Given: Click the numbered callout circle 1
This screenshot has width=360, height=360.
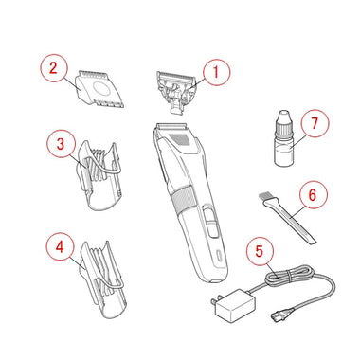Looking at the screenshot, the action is click(x=216, y=72).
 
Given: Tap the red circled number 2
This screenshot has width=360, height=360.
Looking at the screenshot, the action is click(x=54, y=68).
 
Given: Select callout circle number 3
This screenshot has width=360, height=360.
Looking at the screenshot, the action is click(x=61, y=144).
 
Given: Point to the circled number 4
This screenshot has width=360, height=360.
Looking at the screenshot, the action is click(x=60, y=246).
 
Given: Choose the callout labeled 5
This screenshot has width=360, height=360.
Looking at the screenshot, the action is click(x=260, y=251).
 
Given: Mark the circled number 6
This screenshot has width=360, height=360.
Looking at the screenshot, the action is click(x=313, y=194).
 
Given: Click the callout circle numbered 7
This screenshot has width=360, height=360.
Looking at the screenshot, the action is click(x=315, y=123).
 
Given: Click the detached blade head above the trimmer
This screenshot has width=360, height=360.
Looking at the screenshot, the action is click(x=175, y=91).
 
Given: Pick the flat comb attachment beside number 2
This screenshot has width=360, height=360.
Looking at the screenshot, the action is click(x=99, y=89).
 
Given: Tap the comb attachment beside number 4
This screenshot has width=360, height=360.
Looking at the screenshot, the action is click(x=102, y=280).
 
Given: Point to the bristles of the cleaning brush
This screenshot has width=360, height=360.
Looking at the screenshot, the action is click(x=266, y=198).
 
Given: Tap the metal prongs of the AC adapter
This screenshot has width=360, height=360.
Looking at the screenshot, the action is click(x=213, y=302).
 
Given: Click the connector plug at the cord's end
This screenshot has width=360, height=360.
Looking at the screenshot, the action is click(x=277, y=315).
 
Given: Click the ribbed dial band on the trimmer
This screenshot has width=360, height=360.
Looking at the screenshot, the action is click(x=183, y=199).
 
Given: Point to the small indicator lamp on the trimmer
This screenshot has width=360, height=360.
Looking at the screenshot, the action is click(x=219, y=255).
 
